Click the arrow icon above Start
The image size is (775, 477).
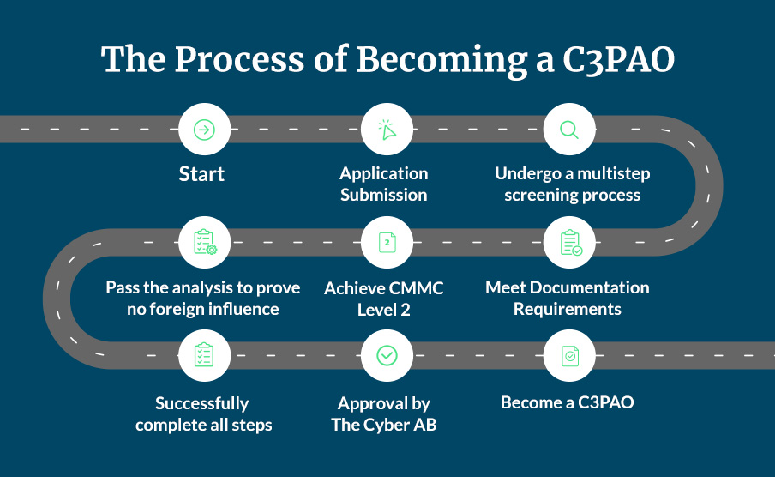204,130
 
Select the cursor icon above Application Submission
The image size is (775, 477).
387,130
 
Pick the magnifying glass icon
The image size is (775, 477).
569,130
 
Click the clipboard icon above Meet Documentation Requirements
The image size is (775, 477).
569,243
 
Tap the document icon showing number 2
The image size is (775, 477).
387,243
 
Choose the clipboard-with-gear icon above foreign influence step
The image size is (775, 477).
204,243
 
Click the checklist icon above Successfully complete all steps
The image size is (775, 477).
204,354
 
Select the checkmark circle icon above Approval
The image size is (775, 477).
387,354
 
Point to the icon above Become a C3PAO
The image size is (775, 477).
569,354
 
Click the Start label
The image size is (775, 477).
202,174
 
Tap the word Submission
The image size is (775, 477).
383,195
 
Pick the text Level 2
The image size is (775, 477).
383,309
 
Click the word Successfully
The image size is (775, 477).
202,403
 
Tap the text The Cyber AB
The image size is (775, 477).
383,425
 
